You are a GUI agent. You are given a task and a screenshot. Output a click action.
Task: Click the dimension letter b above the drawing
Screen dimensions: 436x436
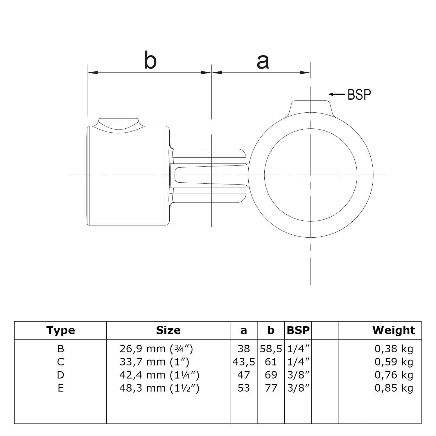(150, 61)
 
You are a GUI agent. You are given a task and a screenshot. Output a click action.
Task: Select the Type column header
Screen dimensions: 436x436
(60, 330)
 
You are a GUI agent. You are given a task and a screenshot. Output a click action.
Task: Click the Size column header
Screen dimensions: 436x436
(168, 330)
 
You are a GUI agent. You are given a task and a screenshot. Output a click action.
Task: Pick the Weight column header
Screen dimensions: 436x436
(394, 330)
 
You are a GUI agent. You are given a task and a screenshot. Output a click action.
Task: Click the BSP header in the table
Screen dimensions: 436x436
(298, 330)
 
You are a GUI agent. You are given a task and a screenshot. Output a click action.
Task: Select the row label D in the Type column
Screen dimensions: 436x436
(60, 375)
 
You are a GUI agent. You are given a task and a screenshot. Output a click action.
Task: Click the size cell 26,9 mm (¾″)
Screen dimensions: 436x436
(156, 349)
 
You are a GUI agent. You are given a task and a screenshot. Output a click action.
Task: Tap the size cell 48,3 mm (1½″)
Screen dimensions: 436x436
(159, 388)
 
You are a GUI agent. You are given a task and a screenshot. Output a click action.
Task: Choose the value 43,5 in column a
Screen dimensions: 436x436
(244, 362)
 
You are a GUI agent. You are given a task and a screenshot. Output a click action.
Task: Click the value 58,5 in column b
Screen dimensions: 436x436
(271, 349)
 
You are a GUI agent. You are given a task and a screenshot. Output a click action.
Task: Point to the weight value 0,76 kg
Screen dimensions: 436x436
(394, 375)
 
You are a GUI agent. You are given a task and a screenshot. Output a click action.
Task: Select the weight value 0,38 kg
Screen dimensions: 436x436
(394, 349)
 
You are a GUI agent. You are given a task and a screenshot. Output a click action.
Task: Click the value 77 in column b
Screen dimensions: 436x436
(271, 388)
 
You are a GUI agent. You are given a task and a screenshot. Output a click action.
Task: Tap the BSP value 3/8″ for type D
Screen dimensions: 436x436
(298, 375)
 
